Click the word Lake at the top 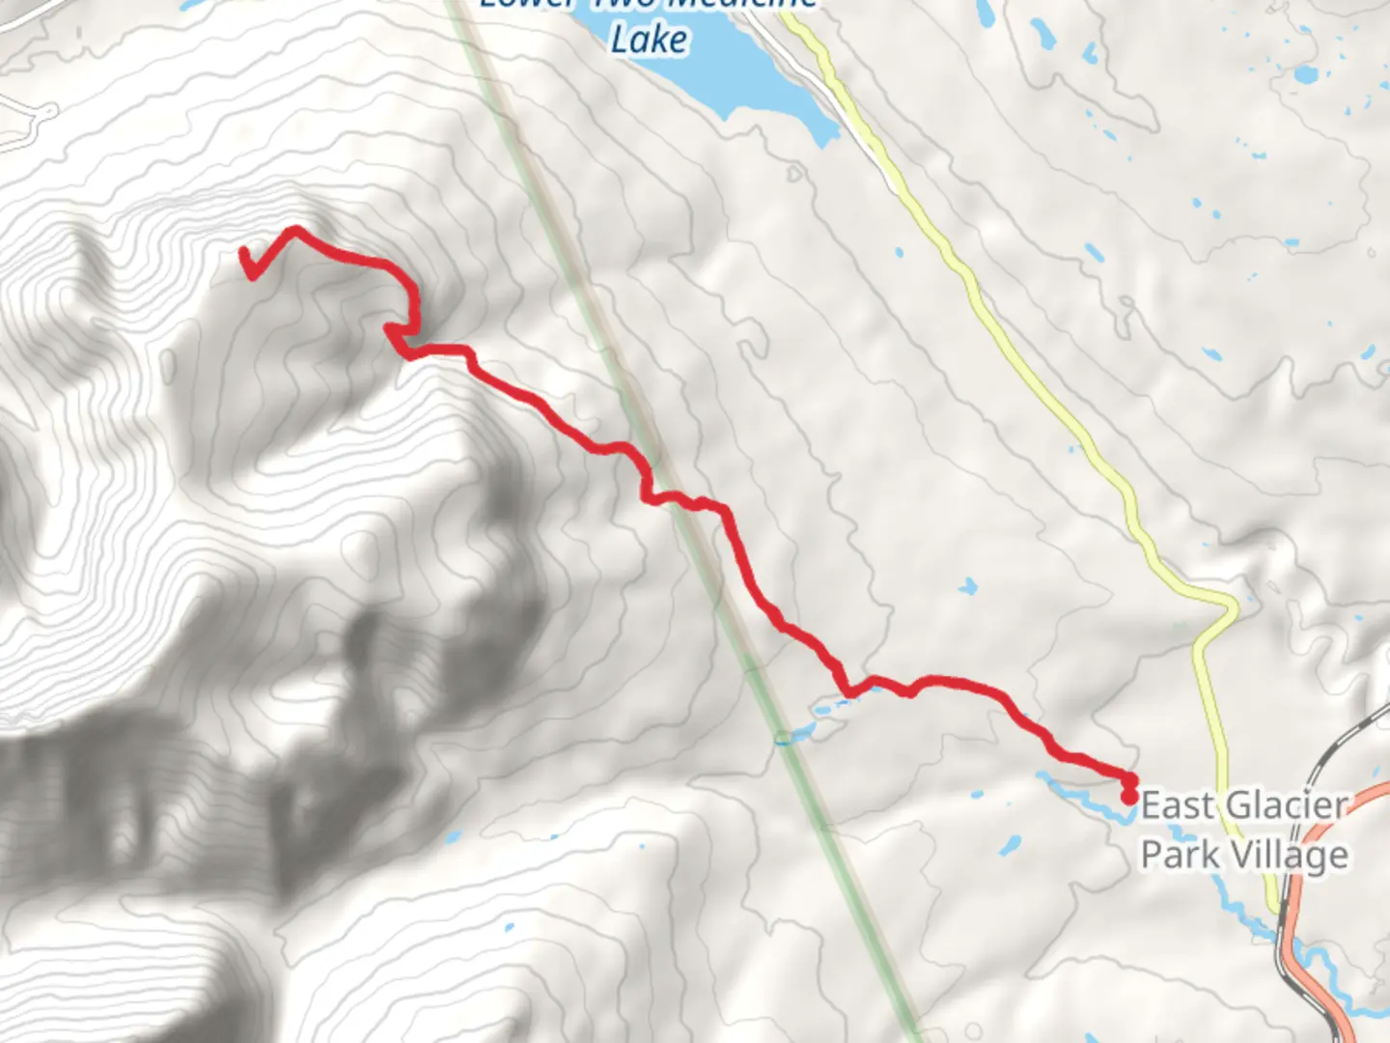tap(650, 40)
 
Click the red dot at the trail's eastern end tap(1128, 797)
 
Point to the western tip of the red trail tap(243, 253)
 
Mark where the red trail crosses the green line tap(681, 500)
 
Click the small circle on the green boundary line tap(783, 739)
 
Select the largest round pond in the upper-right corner tap(1305, 74)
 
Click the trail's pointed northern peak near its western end tap(294, 230)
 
